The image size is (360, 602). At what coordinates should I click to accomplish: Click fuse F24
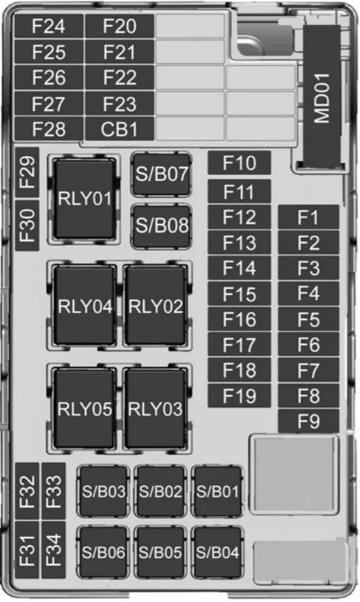[x=49, y=26]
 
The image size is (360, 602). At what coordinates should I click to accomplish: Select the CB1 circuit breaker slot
[x=119, y=129]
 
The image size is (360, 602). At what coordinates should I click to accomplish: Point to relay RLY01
[x=85, y=199]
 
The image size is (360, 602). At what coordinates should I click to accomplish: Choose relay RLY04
[x=85, y=306]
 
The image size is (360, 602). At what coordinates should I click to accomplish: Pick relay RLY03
[x=155, y=409]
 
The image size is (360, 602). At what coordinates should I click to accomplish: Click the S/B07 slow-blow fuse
[x=161, y=174]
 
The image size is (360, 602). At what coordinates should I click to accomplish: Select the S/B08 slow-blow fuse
[x=161, y=226]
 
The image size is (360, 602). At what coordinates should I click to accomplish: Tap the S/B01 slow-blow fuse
[x=217, y=491]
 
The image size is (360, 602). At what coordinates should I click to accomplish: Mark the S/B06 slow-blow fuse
[x=103, y=552]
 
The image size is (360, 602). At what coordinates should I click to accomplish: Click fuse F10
[x=239, y=163]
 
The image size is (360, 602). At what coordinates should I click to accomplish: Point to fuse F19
[x=239, y=396]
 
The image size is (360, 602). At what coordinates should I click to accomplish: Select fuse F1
[x=308, y=218]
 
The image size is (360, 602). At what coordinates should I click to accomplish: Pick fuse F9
[x=308, y=421]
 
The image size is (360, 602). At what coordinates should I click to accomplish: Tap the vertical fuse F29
[x=28, y=172]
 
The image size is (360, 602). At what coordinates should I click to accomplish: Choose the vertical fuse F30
[x=28, y=226]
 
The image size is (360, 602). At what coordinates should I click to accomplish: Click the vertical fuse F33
[x=54, y=491]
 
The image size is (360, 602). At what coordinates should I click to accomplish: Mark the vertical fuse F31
[x=28, y=550]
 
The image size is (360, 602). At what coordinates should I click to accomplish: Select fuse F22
[x=119, y=77]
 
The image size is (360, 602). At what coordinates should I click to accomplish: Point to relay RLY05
[x=85, y=409]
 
